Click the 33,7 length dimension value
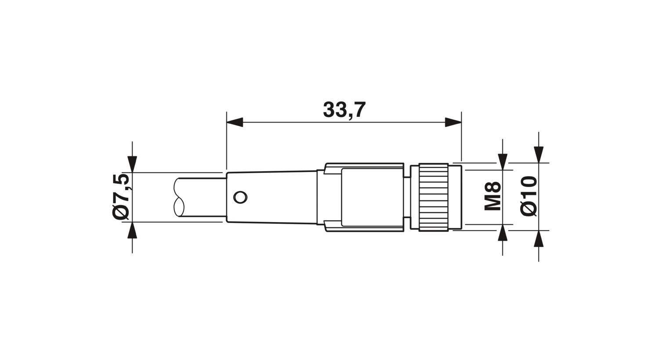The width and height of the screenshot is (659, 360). click(x=344, y=110)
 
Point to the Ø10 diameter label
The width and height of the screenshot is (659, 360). click(x=529, y=196)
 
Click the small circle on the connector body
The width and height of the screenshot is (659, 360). click(x=240, y=198)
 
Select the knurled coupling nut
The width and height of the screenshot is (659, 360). click(x=433, y=197)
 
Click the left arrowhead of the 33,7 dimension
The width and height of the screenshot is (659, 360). click(x=235, y=122)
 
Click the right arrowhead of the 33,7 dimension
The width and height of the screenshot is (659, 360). click(x=453, y=122)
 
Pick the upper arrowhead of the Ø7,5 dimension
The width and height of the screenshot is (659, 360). click(x=132, y=163)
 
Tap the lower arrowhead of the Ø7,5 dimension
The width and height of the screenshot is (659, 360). click(x=132, y=230)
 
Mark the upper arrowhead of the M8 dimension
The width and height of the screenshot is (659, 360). click(x=503, y=161)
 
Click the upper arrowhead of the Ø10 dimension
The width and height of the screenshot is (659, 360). click(x=539, y=154)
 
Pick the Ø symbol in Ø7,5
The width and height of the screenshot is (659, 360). click(x=121, y=212)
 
